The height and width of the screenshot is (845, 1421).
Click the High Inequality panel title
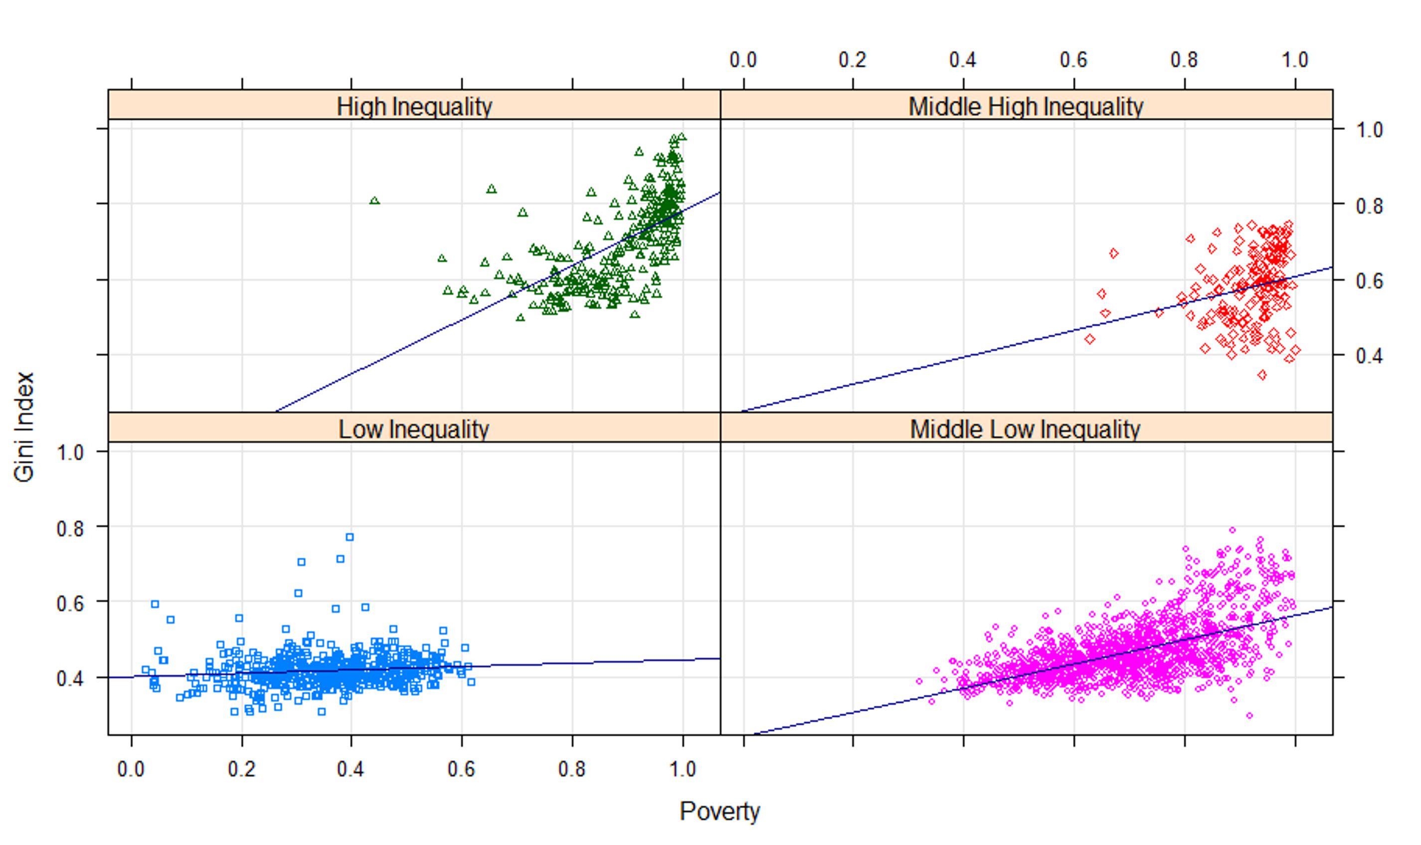click(x=414, y=106)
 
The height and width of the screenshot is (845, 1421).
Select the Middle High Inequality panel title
click(x=1026, y=106)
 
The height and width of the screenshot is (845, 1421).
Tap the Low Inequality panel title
click(x=414, y=429)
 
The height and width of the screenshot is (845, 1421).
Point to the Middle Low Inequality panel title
click(x=1026, y=429)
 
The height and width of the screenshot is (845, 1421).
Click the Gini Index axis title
click(x=24, y=427)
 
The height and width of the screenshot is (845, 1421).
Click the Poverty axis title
click(x=719, y=811)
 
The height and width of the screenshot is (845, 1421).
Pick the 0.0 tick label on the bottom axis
click(x=131, y=769)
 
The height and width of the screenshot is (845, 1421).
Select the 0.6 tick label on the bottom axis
click(x=461, y=769)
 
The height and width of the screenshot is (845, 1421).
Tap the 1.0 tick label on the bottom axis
click(x=683, y=769)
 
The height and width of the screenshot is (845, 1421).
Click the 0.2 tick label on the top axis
click(x=853, y=60)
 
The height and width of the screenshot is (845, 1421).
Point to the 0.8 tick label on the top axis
click(x=1184, y=60)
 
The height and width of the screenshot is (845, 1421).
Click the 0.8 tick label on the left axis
click(x=70, y=528)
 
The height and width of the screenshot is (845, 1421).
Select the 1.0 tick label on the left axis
click(x=70, y=453)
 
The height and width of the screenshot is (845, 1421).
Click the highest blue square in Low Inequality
click(x=350, y=537)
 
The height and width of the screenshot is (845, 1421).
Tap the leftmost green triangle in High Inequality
click(x=374, y=201)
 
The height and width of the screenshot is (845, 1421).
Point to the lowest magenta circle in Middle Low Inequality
click(x=1249, y=716)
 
